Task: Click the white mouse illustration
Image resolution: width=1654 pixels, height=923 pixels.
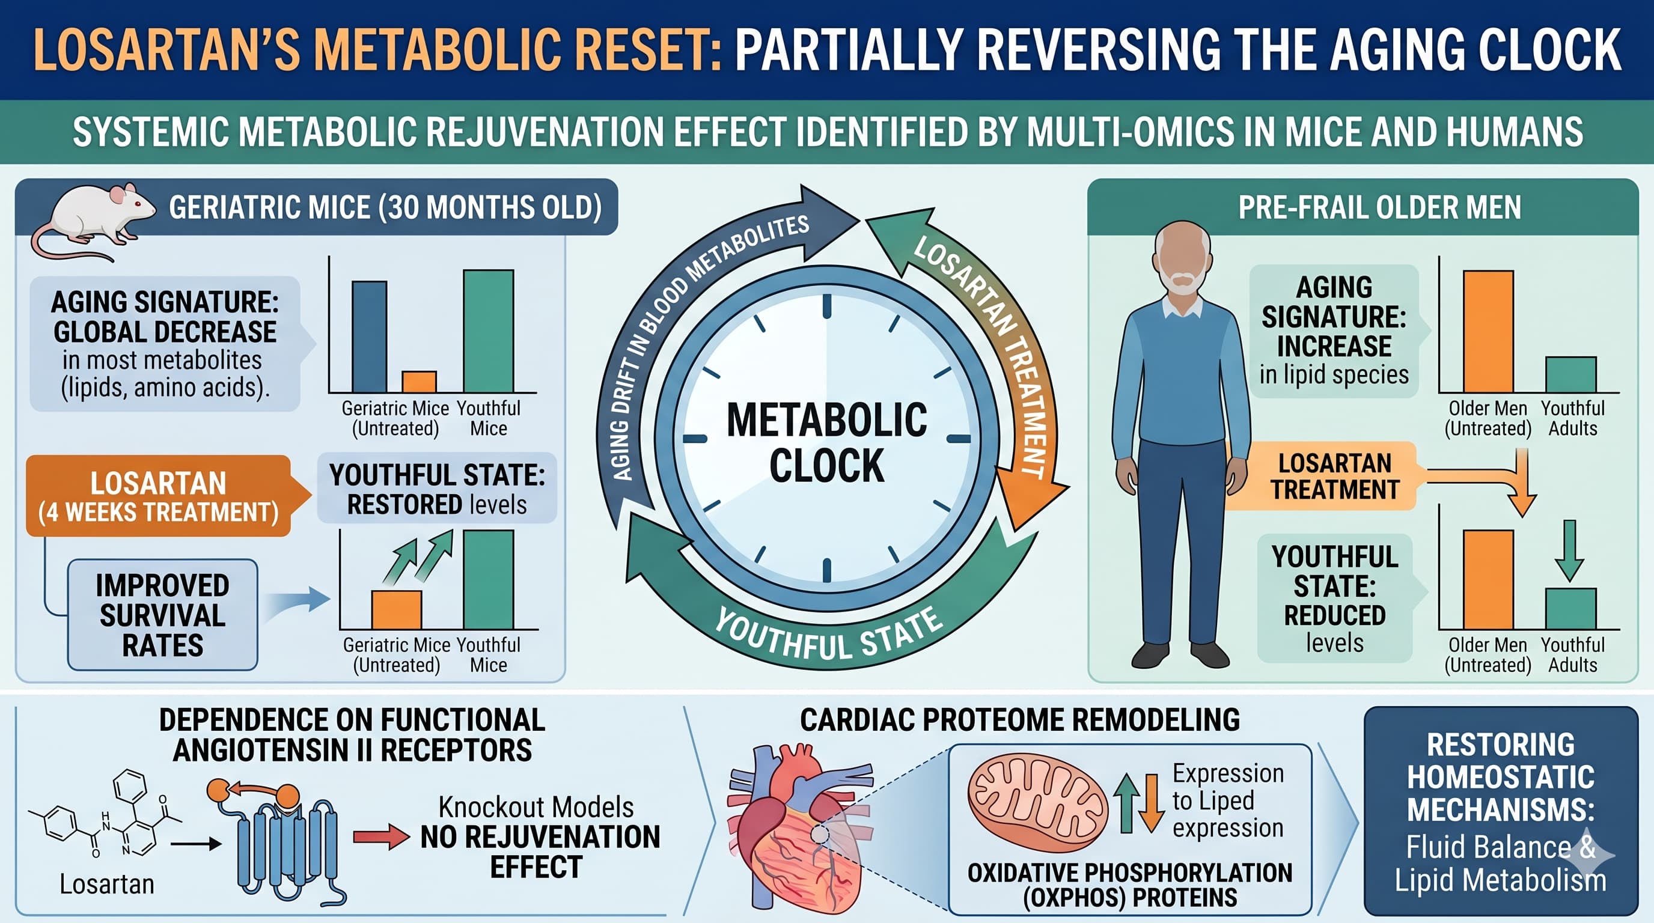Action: pyautogui.click(x=96, y=215)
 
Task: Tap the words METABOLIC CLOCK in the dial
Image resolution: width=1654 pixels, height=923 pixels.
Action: pyautogui.click(x=826, y=442)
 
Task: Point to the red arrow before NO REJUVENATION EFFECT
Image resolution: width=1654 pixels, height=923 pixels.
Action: pyautogui.click(x=381, y=836)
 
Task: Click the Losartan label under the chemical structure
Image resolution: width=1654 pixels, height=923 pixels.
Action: pyautogui.click(x=106, y=885)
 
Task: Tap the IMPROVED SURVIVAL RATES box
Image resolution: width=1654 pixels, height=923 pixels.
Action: pyautogui.click(x=162, y=615)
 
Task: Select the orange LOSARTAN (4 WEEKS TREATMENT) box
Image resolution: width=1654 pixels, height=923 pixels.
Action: pyautogui.click(x=158, y=496)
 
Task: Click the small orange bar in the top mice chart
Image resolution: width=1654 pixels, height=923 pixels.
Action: pyautogui.click(x=419, y=382)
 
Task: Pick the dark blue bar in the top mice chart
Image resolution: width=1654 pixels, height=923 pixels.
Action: pyautogui.click(x=369, y=337)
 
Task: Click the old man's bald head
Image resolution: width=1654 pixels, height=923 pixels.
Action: pyautogui.click(x=1183, y=241)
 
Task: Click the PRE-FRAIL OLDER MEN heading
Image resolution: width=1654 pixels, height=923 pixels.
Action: pyautogui.click(x=1379, y=207)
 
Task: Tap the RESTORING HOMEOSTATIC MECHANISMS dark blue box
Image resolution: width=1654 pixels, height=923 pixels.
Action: pyautogui.click(x=1501, y=811)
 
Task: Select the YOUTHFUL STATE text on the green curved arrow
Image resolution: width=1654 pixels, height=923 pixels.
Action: pyautogui.click(x=828, y=634)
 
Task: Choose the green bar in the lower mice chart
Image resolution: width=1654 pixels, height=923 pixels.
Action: pyautogui.click(x=488, y=579)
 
